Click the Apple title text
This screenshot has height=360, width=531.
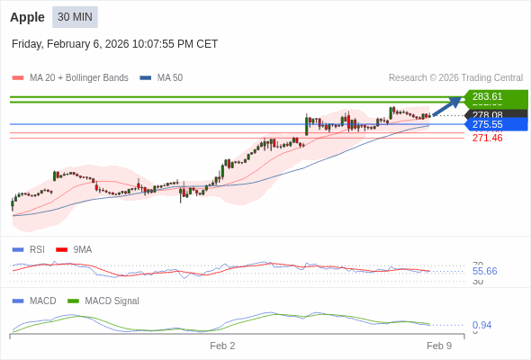27,17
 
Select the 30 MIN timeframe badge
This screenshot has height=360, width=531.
75,17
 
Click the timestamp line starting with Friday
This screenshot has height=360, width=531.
114,44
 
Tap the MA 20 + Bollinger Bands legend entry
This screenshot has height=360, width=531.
78,78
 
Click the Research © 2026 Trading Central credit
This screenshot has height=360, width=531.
455,78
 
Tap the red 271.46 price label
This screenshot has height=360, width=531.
487,138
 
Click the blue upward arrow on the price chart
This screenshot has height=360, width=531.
447,106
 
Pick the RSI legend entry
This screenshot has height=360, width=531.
37,249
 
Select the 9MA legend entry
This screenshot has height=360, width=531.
82,249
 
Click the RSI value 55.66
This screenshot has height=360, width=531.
484,271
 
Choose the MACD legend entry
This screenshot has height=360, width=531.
42,301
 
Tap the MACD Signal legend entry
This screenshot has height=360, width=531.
112,301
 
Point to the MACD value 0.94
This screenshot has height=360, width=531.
481,325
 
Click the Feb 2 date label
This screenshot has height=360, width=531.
222,346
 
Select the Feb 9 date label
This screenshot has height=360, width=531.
438,346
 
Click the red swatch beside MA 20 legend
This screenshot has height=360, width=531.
18,78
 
